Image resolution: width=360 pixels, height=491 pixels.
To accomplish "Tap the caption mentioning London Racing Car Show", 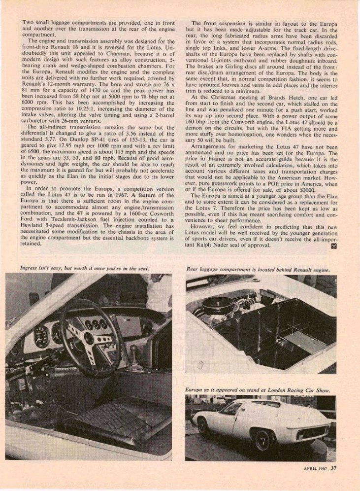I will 258,390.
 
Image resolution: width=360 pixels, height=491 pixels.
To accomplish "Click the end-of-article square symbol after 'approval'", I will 334,246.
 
